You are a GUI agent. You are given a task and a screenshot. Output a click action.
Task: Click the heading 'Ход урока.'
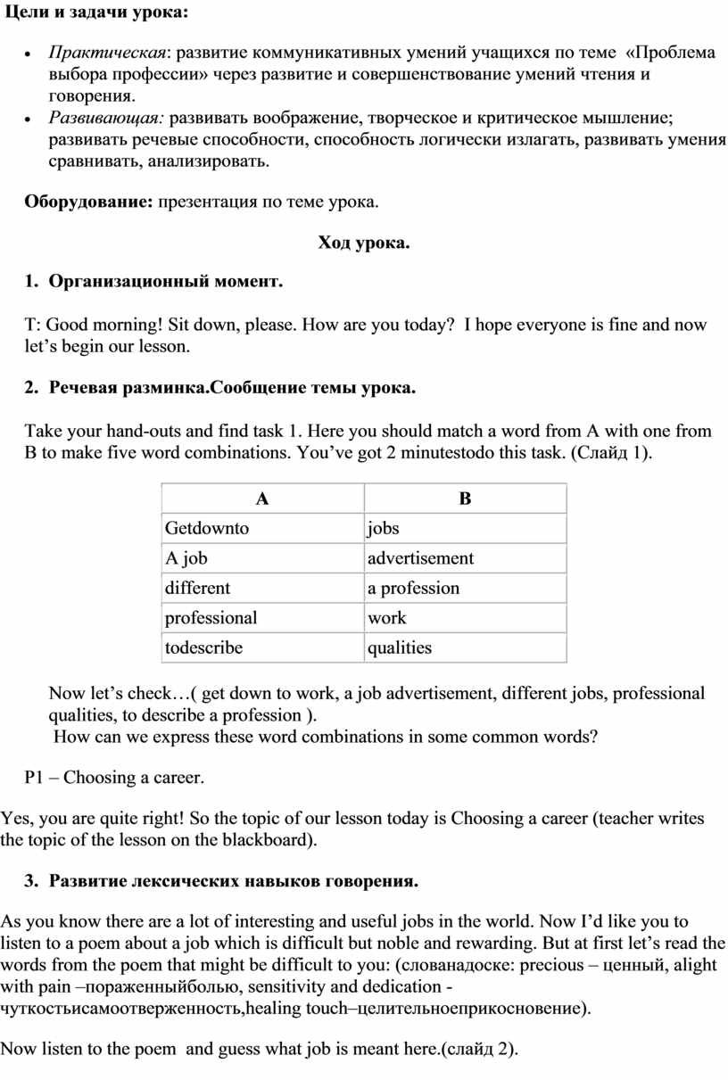coord(364,243)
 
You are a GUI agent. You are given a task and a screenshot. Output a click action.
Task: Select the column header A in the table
coord(262,499)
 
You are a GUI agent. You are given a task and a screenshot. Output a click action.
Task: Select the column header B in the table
coord(465,499)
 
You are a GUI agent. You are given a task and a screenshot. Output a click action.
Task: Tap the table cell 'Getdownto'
coord(207,528)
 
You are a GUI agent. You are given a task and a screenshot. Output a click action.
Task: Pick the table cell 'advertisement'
coord(421,558)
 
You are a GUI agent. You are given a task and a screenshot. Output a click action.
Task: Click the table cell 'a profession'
coord(414,588)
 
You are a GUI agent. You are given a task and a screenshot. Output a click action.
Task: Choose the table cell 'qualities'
coord(400,647)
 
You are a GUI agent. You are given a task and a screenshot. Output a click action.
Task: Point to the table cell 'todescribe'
coord(203,647)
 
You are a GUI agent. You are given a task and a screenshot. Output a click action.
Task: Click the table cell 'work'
coord(387,617)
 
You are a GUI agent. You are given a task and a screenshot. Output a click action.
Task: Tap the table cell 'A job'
coord(186,558)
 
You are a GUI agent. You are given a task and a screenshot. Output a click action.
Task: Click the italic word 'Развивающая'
coord(105,117)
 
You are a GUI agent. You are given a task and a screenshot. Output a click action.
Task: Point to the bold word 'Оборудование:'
coord(88,202)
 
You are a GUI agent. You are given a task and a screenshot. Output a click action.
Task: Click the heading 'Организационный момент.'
coord(165,282)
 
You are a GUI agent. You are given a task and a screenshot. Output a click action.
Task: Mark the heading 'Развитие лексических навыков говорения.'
coord(233,881)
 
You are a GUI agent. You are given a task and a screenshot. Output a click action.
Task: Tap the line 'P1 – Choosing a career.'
coord(114,778)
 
